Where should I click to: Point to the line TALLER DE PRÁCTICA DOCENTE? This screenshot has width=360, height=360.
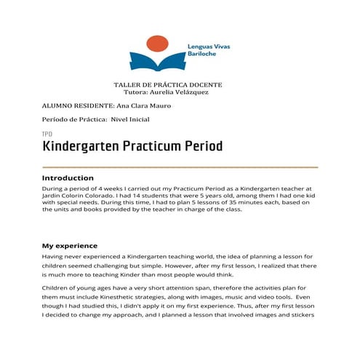[168, 85]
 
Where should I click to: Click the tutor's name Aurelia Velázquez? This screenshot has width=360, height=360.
[183, 93]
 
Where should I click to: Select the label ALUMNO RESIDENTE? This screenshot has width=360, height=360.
[73, 105]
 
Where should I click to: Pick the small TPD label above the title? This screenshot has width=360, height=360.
[47, 135]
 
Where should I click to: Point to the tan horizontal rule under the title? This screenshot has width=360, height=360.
[180, 167]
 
